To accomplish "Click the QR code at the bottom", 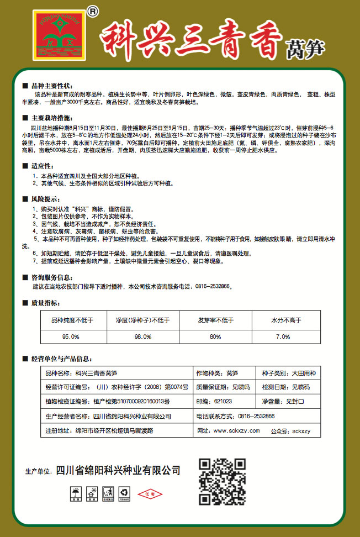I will click(x=222, y=481).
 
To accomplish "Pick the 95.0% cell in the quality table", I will click(x=71, y=336).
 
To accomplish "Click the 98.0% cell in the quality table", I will click(x=142, y=336).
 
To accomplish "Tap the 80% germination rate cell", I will click(x=215, y=336).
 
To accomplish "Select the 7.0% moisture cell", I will click(x=283, y=336).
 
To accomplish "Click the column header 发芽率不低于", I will click(x=215, y=320).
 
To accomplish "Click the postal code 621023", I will click(x=214, y=401).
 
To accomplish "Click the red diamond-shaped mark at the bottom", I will click(x=151, y=493).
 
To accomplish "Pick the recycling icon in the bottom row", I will click(x=125, y=491).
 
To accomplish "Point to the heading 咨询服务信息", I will click(x=51, y=277).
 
